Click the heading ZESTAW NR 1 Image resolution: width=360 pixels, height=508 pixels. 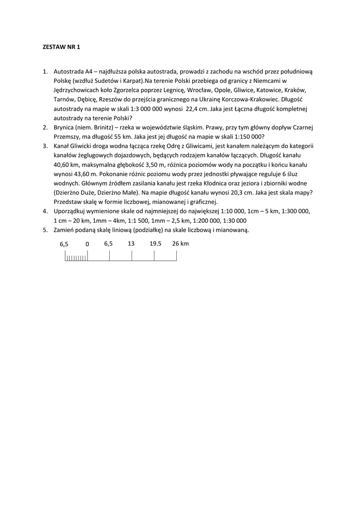tap(59, 47)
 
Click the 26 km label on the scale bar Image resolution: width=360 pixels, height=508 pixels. tap(180, 244)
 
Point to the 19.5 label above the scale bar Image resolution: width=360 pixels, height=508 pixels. tap(155, 244)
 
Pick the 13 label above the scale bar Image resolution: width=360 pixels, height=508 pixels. tap(131, 244)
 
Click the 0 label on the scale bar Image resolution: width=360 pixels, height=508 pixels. tap(87, 244)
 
